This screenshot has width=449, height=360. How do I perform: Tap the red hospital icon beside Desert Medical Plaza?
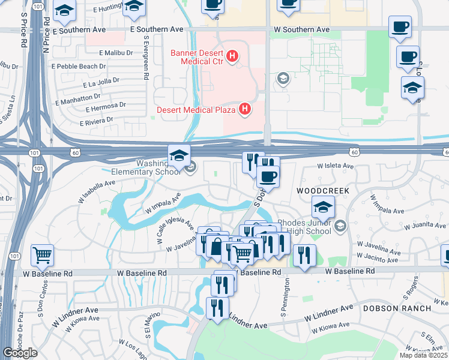(245, 109)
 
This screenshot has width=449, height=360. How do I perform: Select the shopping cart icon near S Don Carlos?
(42, 255)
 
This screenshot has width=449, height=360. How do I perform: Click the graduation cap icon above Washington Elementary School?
(179, 155)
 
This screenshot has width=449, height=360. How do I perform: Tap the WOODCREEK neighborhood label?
(322, 190)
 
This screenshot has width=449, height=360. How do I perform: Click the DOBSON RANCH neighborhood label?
(397, 308)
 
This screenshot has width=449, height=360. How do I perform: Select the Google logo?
(20, 353)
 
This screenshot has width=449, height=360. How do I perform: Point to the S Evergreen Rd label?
(146, 57)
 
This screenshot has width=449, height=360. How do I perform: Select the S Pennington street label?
(283, 298)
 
